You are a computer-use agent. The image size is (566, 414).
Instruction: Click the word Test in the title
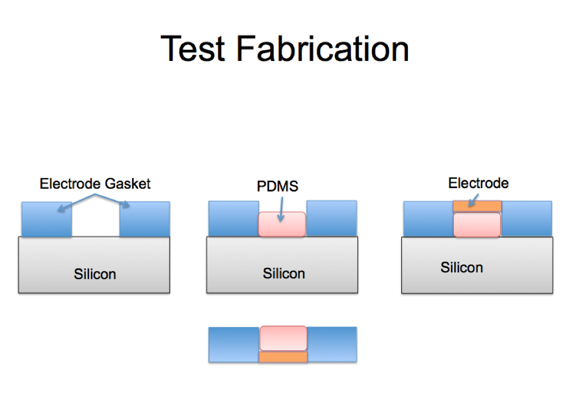[193, 49]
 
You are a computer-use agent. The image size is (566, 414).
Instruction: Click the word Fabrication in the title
[322, 49]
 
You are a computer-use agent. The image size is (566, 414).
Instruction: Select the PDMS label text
[277, 186]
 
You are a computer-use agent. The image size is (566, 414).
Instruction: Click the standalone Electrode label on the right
[478, 183]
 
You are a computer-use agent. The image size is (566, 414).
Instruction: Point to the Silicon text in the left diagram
[95, 274]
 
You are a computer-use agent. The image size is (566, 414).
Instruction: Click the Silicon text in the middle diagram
[284, 273]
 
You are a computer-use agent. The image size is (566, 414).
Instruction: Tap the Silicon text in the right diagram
[462, 267]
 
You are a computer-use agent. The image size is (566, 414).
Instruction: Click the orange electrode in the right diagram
[477, 206]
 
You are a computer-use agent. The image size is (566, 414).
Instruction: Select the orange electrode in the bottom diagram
[283, 357]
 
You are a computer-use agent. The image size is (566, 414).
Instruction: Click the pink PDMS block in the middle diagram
[282, 224]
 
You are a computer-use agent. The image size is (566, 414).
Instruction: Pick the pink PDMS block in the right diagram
[477, 225]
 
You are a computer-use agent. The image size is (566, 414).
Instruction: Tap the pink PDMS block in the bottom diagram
[284, 338]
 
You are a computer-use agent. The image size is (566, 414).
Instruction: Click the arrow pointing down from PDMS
[281, 209]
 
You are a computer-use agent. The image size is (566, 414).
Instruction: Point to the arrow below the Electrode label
[473, 200]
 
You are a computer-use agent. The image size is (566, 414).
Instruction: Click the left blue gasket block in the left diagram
[46, 219]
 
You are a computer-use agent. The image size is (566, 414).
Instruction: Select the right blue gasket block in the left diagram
[145, 219]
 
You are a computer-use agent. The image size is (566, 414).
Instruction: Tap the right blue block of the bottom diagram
[332, 344]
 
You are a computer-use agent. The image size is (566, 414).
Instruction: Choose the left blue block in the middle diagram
[234, 219]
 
